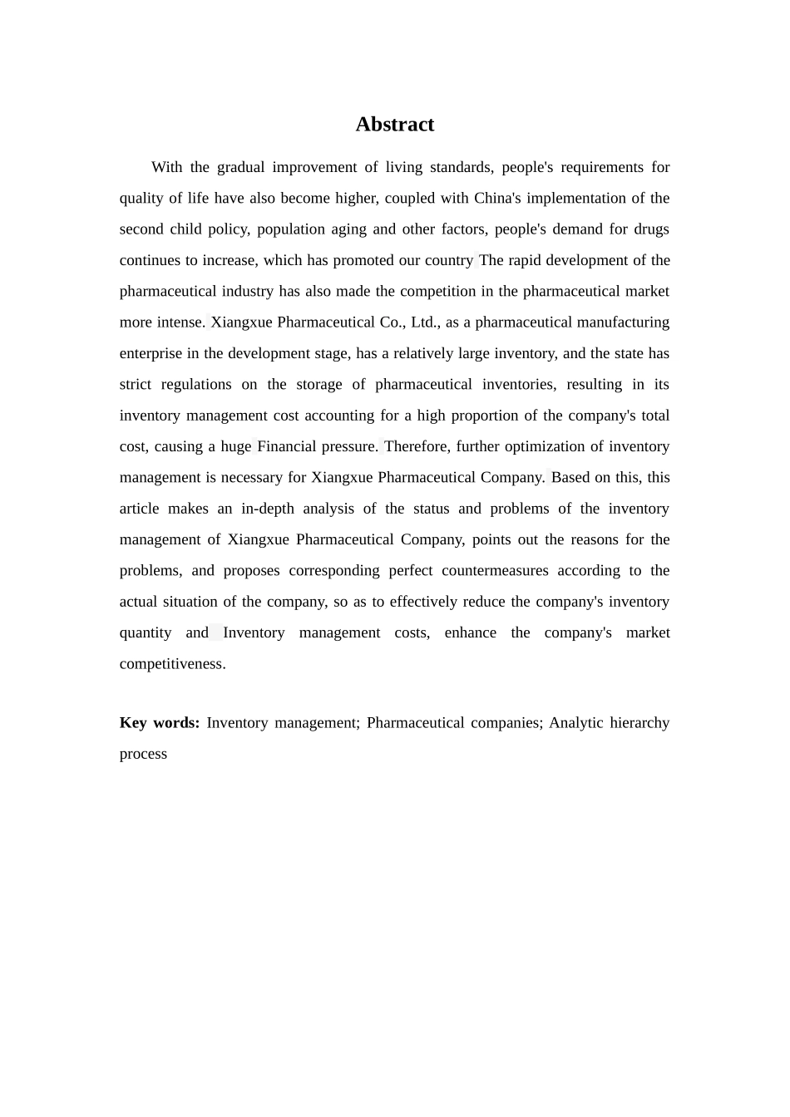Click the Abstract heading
point(395,125)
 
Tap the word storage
point(319,384)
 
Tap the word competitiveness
point(172,664)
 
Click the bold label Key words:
point(160,723)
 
